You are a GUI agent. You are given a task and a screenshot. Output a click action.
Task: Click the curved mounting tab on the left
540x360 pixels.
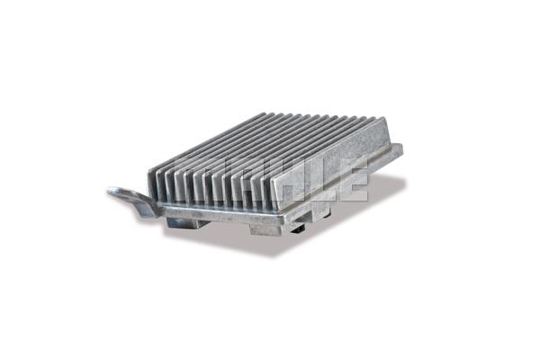tap(133, 201)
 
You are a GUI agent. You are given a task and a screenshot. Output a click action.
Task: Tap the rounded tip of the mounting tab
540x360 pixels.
tap(112, 191)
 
